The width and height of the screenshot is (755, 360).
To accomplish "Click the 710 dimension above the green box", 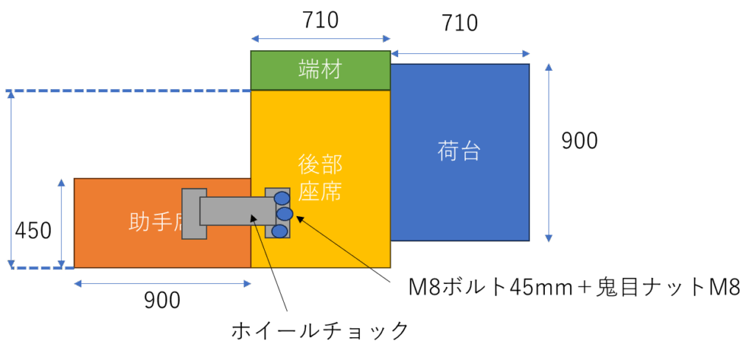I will pos(320,20).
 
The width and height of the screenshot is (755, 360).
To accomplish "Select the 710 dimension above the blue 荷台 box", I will pos(460,24).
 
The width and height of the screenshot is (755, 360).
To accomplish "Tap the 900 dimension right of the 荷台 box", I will pos(580,141).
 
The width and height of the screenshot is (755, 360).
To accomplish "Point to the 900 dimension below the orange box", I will pos(161,300).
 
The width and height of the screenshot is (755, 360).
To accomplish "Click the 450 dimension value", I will pos(33,231).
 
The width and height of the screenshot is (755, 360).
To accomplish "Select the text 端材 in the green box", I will pos(320,71).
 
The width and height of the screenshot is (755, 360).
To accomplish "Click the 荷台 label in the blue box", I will pos(459,151).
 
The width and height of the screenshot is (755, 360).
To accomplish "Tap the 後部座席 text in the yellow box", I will pos(320,178).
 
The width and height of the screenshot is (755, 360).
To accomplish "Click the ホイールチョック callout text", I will pos(319,330).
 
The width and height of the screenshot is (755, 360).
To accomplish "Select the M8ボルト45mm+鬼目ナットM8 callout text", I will pos(574,287).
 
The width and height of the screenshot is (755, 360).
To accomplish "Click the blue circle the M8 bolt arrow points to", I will pos(285,214).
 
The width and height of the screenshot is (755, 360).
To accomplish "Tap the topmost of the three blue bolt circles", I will pos(282,198).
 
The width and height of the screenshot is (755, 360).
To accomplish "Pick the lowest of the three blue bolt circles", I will pos(279,231).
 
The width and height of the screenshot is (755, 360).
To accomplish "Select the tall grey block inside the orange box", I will pos(193,214).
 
